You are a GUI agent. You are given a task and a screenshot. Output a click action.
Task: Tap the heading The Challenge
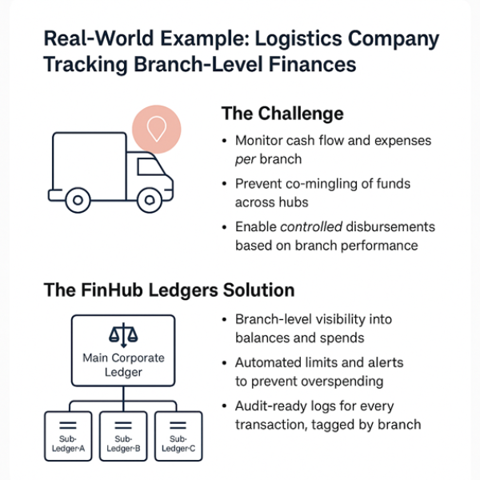click(x=282, y=113)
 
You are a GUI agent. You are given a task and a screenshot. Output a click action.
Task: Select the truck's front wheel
click(x=150, y=199)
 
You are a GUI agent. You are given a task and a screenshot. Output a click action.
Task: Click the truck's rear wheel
click(x=78, y=199)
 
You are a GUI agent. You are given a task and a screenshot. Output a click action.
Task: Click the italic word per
click(x=246, y=158)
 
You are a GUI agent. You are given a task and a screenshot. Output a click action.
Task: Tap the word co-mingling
click(x=314, y=183)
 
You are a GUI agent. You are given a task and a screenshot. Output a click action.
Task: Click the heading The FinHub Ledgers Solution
click(x=169, y=289)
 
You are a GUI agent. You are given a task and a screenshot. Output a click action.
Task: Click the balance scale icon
click(x=123, y=334)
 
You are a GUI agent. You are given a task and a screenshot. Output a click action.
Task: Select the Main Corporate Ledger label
click(x=123, y=365)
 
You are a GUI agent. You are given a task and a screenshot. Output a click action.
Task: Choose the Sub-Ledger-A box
click(x=67, y=435)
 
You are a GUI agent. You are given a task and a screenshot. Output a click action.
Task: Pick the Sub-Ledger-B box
click(x=123, y=435)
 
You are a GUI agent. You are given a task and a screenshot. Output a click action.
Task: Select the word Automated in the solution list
click(x=269, y=362)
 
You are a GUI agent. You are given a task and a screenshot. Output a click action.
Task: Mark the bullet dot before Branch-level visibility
click(x=224, y=319)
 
